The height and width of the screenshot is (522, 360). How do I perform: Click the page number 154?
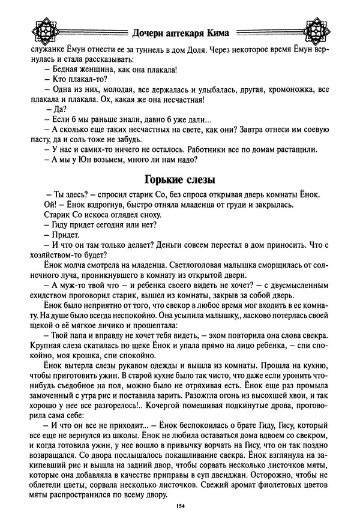[179, 507]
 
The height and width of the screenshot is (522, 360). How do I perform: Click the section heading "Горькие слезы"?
[180, 179]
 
